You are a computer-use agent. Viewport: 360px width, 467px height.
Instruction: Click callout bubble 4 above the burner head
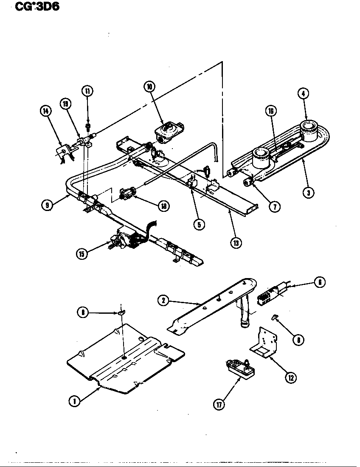tap(303, 94)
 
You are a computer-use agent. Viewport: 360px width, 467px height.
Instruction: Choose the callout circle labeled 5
tap(198, 224)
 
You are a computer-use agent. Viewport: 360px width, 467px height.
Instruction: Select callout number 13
tap(236, 242)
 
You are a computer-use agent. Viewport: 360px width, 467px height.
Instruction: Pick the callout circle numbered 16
tap(270, 111)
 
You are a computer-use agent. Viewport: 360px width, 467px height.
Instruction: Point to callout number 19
tap(66, 104)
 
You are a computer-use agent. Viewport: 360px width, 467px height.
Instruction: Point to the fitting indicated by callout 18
tap(127, 193)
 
